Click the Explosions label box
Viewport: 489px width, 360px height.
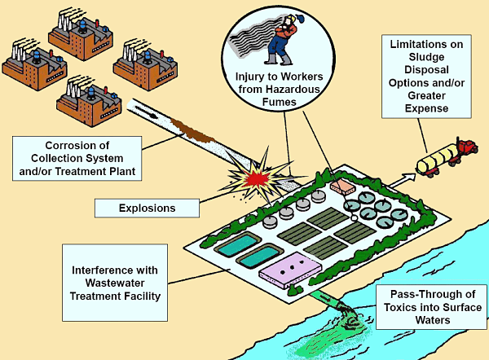147,208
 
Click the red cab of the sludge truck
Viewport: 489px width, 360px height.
467,147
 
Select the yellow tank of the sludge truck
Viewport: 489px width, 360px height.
437,159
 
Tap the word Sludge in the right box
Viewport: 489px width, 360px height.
426,57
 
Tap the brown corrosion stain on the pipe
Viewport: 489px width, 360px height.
192,131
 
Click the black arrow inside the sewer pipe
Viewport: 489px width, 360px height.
146,112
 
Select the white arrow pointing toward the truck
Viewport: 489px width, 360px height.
403,181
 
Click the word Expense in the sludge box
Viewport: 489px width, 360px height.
426,108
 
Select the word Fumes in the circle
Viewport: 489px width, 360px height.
279,102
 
